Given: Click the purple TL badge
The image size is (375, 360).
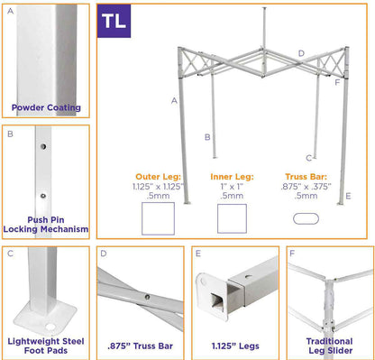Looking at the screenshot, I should point(114,21).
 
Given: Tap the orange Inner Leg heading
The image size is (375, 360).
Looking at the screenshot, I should point(232,177).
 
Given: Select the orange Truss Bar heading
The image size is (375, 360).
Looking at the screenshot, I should point(306,177).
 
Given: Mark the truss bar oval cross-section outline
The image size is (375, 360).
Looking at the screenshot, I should point(306,217).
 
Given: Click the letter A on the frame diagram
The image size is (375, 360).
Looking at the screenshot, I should point(173,100).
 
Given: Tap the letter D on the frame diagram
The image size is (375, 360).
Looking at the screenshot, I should point(301,54).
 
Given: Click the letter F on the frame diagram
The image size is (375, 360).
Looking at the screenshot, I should point(337,82).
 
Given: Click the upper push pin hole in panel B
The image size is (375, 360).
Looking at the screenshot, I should point(41,143).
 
